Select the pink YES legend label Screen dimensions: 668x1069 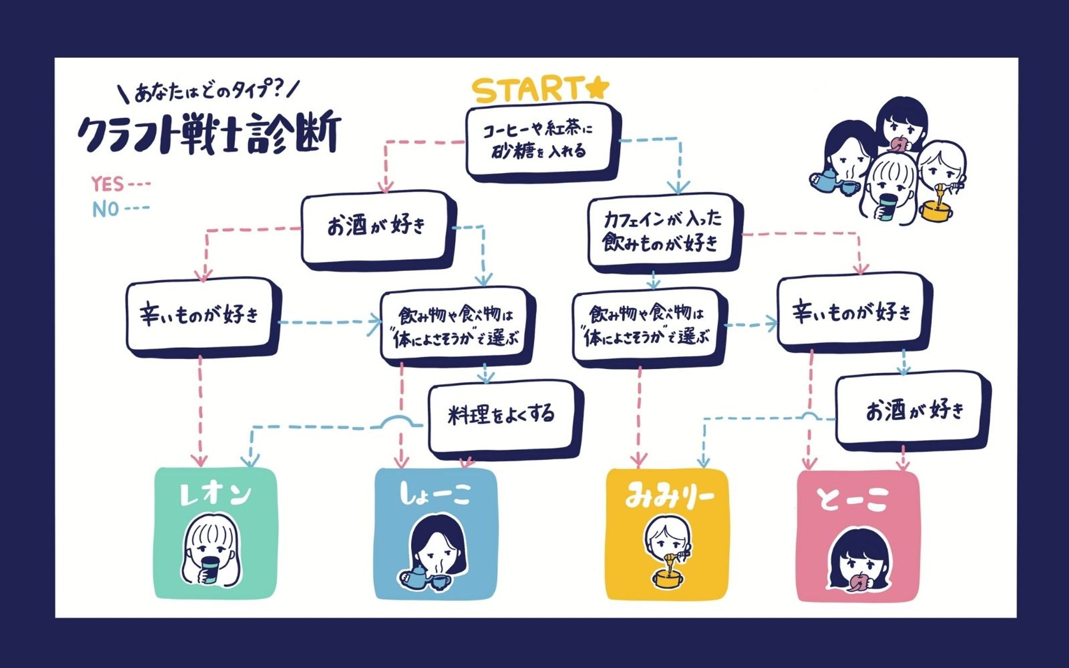tap(108, 184)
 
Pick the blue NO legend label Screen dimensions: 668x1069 tap(106, 209)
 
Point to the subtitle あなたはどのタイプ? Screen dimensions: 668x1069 tap(209, 91)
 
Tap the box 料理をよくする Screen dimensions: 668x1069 tap(501, 415)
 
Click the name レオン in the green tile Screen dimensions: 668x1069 tap(215, 494)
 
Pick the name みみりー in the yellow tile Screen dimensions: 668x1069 tap(669, 497)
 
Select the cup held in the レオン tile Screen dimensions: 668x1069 tap(211, 570)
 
